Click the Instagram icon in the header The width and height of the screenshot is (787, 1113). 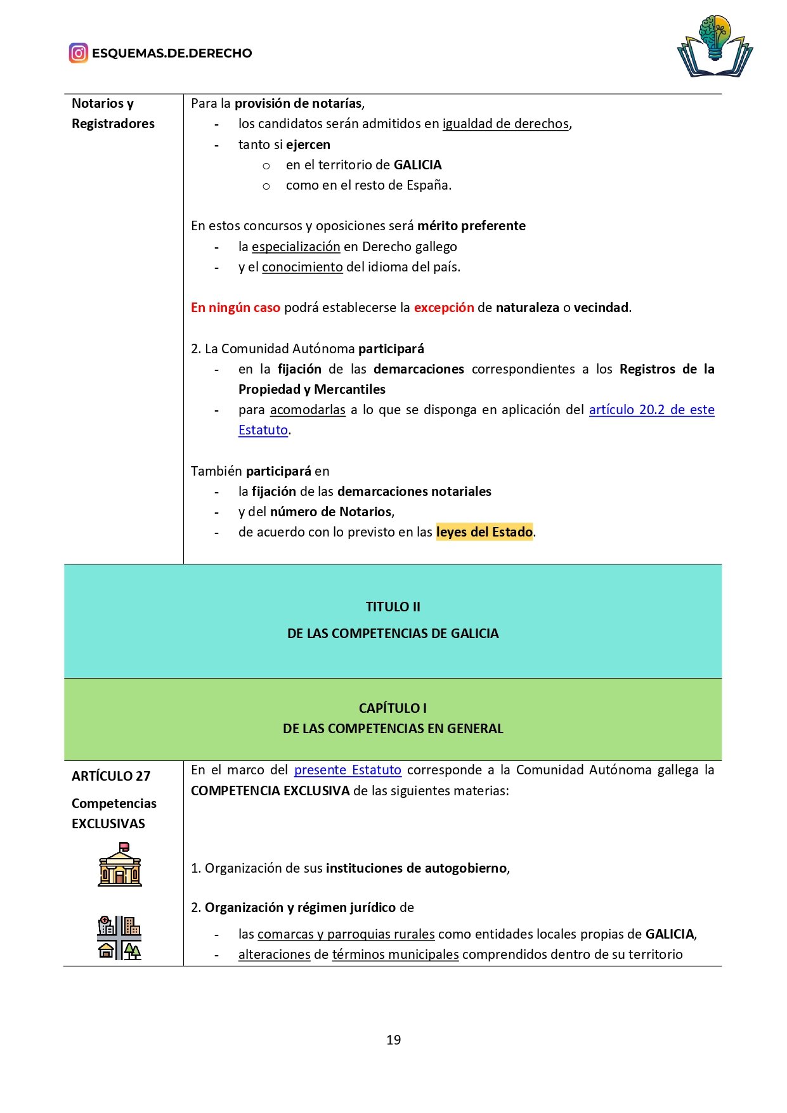[78, 53]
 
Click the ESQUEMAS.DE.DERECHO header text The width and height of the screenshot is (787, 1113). [172, 53]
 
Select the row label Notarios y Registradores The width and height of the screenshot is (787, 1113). [113, 114]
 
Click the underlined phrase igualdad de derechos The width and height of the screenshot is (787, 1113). [505, 124]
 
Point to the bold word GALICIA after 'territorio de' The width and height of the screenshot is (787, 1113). [417, 165]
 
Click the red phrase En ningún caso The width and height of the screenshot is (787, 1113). [235, 308]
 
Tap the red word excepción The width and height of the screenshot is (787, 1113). [444, 308]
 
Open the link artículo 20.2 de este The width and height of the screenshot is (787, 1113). [651, 410]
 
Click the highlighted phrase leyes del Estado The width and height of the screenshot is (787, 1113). [485, 532]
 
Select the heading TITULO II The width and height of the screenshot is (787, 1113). [393, 607]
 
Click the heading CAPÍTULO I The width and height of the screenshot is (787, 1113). [393, 708]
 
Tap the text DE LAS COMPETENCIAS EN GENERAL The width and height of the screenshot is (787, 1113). [393, 729]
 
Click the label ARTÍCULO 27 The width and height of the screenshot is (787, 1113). [111, 776]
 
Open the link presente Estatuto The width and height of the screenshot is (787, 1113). [348, 770]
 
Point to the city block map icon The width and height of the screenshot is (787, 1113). [119, 938]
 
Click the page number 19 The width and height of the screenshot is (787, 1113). [393, 1040]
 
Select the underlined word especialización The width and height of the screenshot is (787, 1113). [296, 247]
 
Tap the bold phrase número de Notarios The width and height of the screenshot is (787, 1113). [332, 512]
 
